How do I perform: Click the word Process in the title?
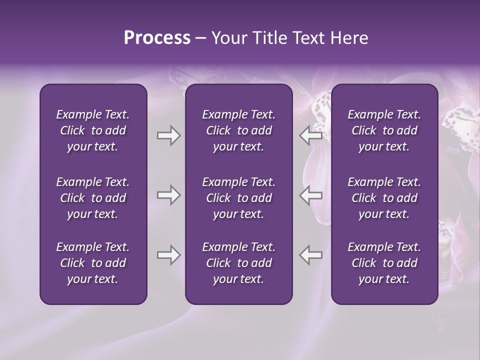(157, 38)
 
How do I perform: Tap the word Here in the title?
(349, 38)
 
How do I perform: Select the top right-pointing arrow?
(168, 135)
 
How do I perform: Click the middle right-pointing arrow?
(168, 195)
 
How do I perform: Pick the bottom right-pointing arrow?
(168, 255)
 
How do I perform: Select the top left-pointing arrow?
(310, 135)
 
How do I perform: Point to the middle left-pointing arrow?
(310, 195)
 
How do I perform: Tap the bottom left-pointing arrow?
(310, 255)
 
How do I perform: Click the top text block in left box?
(93, 130)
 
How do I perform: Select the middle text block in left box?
(93, 198)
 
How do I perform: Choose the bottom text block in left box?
(93, 263)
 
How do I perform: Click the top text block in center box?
(238, 130)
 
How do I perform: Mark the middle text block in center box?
(238, 198)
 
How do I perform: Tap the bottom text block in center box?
(238, 263)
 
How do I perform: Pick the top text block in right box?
(384, 130)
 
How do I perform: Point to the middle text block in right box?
(384, 198)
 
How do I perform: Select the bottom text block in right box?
(384, 263)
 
